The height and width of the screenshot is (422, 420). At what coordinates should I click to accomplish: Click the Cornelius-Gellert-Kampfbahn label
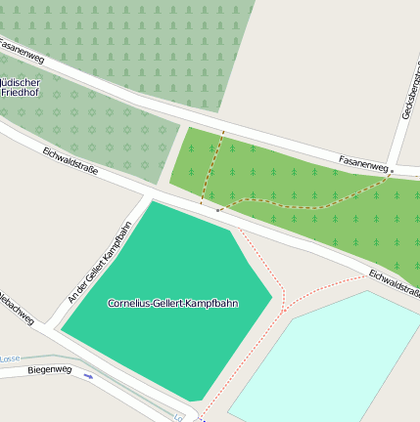click(x=172, y=304)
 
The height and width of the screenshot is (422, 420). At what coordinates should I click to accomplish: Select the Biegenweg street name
click(x=50, y=369)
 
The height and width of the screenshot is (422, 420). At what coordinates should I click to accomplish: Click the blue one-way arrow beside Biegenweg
click(x=88, y=374)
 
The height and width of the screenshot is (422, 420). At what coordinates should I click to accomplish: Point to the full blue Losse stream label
click(x=10, y=359)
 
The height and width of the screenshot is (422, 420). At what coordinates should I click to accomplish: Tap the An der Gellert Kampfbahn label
click(x=98, y=261)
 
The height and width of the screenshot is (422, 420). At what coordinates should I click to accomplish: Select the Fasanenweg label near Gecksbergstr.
click(x=363, y=159)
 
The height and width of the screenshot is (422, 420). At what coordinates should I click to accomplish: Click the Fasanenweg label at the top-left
click(x=22, y=52)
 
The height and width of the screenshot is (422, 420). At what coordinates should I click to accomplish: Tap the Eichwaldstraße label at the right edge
click(x=394, y=283)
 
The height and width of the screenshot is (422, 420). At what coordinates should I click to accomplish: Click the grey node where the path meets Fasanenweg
click(x=392, y=171)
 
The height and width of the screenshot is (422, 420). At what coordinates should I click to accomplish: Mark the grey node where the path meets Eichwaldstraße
click(x=217, y=210)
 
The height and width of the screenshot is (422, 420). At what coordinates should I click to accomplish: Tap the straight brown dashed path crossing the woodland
click(x=212, y=166)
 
